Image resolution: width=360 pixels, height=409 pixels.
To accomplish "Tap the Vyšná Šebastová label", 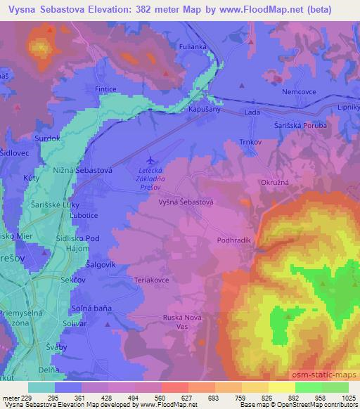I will coord(185,201).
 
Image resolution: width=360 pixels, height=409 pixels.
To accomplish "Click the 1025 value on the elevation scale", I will coord(349,398).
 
